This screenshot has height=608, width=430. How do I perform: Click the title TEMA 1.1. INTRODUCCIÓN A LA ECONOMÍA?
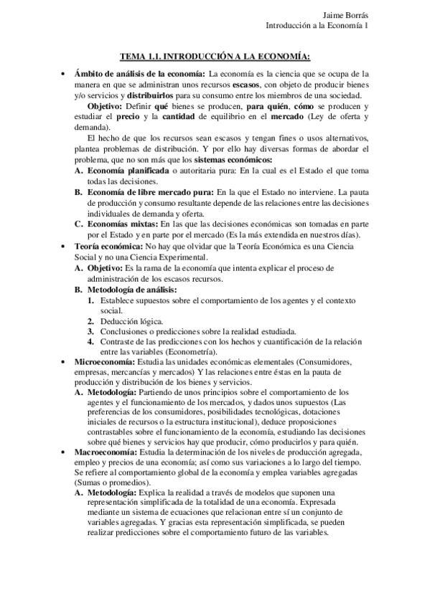point(215,57)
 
